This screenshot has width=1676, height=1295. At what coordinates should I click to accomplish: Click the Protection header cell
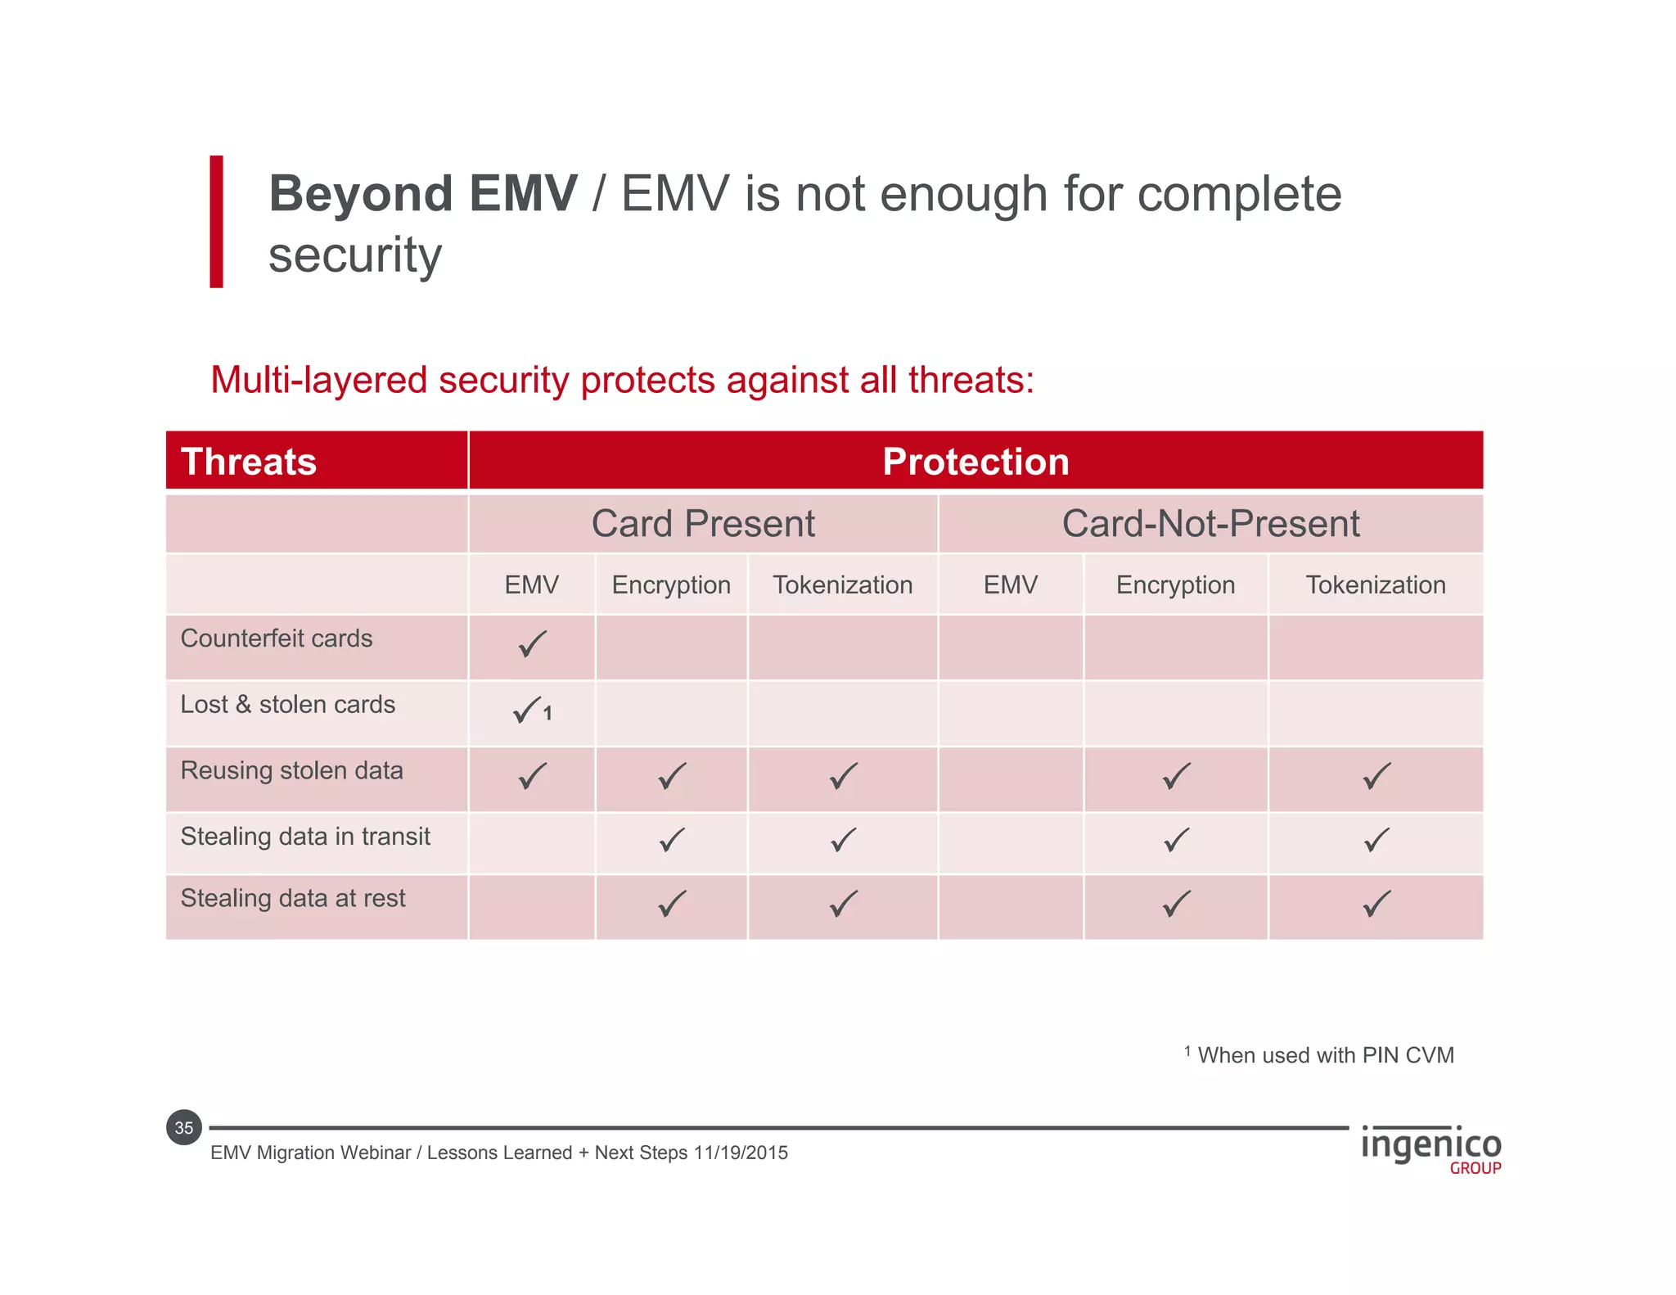[975, 462]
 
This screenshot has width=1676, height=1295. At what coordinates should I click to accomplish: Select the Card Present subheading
[703, 524]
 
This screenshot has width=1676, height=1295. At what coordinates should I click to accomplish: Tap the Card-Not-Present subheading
[1210, 524]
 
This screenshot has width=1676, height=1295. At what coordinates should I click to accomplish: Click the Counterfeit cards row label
[277, 638]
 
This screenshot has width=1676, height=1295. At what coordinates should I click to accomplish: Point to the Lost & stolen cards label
[287, 705]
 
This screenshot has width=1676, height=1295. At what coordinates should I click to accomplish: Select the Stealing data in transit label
[305, 837]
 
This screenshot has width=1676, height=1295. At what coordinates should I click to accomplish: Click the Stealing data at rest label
[293, 899]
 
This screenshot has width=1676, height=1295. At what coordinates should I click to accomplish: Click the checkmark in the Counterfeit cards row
[532, 644]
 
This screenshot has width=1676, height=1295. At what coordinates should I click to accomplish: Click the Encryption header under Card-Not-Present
[1175, 585]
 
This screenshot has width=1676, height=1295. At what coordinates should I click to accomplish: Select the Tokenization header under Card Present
[842, 585]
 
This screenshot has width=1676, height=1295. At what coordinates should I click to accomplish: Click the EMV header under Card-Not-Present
[1010, 585]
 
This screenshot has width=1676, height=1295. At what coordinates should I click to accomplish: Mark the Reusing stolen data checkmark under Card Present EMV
[532, 775]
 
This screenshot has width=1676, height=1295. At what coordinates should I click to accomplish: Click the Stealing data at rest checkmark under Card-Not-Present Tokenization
[1376, 904]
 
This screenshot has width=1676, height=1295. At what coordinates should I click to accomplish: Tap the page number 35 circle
[184, 1128]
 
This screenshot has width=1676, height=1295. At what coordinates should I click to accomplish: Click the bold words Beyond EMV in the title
[423, 195]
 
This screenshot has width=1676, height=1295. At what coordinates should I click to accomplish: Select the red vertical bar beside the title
[216, 221]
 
